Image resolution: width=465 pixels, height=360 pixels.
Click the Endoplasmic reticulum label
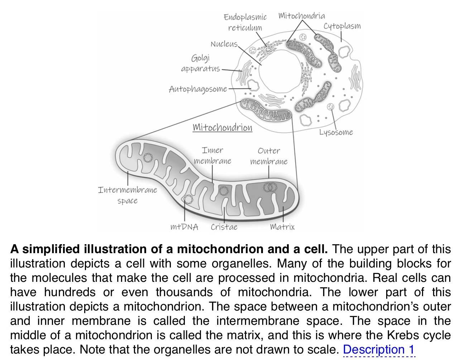[245, 22]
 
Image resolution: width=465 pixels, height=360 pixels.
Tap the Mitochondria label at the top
[302, 16]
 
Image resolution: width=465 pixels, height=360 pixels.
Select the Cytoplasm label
[342, 26]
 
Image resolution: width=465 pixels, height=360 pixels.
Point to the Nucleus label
[224, 44]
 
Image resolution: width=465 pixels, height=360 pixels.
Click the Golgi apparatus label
[201, 63]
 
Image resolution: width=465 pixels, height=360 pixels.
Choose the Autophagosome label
[198, 89]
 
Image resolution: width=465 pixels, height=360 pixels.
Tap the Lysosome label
[336, 132]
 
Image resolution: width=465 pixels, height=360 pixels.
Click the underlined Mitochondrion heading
[222, 128]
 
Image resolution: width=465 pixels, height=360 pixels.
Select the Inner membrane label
[212, 156]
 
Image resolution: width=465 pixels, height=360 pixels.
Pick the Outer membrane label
[269, 156]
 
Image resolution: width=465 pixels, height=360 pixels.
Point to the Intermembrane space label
[128, 195]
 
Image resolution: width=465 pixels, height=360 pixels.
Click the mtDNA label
[184, 227]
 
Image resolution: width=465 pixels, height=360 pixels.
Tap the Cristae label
[224, 227]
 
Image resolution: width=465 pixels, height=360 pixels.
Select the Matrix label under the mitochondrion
[282, 227]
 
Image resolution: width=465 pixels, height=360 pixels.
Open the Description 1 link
[379, 349]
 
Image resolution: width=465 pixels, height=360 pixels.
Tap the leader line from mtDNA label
[184, 212]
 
